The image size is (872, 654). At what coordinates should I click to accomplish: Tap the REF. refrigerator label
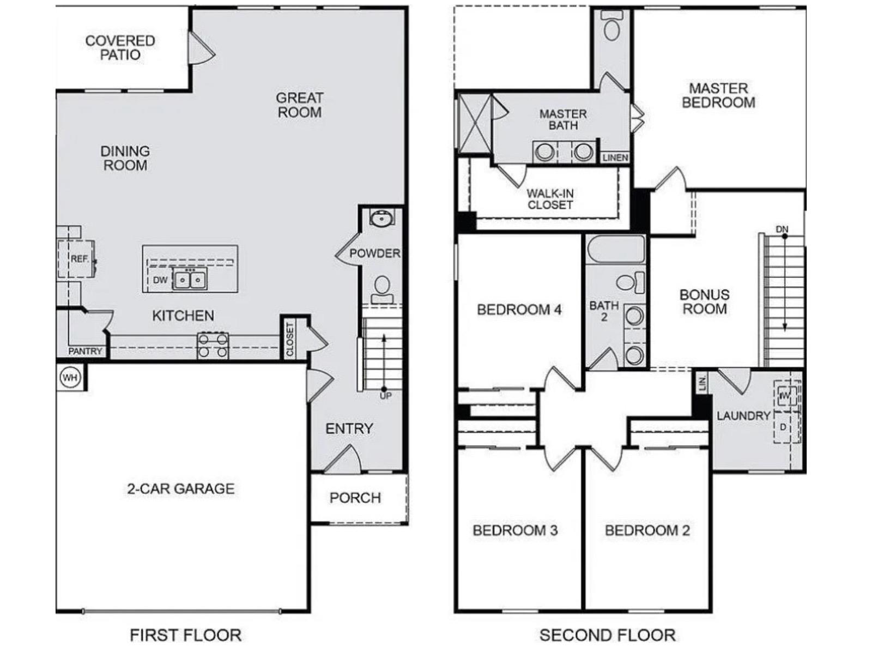(x=80, y=259)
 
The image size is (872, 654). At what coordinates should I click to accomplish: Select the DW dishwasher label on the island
(x=160, y=280)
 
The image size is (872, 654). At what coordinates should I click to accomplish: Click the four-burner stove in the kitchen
(x=213, y=346)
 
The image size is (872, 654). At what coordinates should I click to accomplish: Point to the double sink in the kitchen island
(x=190, y=280)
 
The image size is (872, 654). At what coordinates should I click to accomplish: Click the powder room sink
(x=381, y=219)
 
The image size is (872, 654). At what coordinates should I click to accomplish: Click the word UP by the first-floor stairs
(x=385, y=396)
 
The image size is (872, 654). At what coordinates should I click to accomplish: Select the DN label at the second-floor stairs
(x=782, y=229)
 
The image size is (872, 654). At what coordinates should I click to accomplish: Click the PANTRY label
(x=85, y=352)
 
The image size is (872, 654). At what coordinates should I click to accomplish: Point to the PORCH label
(x=355, y=498)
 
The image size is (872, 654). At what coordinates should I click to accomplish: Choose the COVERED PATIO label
(x=120, y=47)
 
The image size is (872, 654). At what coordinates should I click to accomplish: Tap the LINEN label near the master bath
(x=615, y=158)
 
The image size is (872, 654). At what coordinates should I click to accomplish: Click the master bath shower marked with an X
(x=474, y=123)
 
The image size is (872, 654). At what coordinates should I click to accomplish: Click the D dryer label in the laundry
(x=783, y=427)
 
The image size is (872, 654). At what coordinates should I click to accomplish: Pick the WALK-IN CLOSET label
(x=550, y=199)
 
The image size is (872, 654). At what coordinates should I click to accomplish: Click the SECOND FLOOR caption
(x=607, y=635)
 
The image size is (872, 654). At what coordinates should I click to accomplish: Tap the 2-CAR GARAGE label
(x=181, y=488)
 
